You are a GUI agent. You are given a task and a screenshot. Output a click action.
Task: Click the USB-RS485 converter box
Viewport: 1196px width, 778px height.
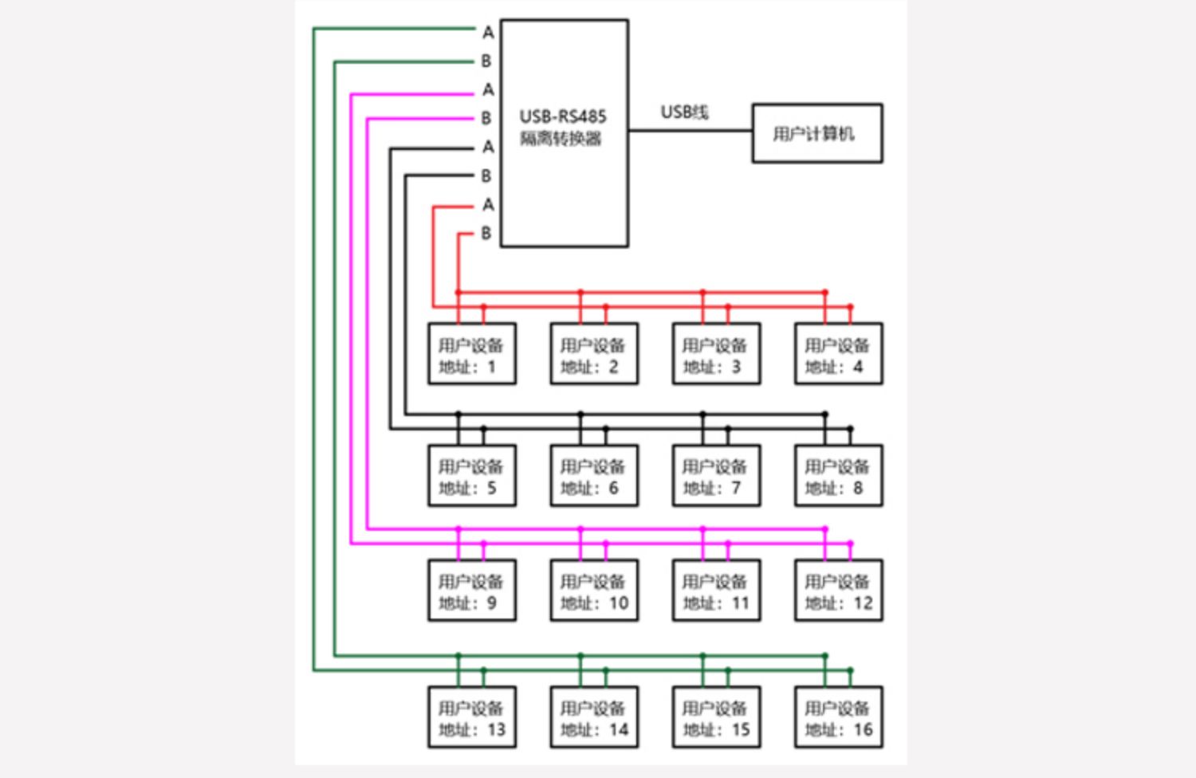click(564, 133)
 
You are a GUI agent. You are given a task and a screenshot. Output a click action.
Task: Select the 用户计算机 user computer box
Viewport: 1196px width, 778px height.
click(816, 133)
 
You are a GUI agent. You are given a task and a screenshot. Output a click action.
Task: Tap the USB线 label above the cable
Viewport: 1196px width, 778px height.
click(684, 112)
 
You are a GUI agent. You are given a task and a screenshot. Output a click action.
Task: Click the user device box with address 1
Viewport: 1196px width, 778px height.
click(471, 354)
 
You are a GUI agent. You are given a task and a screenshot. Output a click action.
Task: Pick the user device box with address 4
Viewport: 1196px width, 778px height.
click(838, 354)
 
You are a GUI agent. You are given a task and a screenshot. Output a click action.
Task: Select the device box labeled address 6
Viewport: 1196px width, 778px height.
click(593, 476)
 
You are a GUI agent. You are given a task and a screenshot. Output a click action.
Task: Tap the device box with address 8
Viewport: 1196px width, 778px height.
click(838, 476)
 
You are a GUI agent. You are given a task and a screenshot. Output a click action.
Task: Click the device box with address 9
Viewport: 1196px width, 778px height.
click(471, 591)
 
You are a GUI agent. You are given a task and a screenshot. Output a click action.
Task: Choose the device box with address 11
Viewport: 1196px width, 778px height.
click(716, 591)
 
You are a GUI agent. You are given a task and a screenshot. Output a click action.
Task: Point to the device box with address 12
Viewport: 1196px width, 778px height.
click(838, 591)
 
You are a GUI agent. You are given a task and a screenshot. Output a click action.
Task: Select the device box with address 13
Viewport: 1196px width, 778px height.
click(471, 717)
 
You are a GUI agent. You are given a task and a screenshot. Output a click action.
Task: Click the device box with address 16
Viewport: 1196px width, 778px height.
click(838, 717)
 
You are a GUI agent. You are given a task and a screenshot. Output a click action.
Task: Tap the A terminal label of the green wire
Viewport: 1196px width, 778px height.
click(488, 33)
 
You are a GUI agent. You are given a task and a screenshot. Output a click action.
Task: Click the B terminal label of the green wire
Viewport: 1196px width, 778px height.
click(486, 61)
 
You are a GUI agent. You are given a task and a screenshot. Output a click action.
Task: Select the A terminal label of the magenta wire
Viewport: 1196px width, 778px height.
click(488, 90)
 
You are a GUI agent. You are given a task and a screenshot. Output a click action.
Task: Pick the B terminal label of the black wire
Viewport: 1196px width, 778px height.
click(486, 176)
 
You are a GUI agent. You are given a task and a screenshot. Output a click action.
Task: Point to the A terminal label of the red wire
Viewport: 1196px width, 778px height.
click(488, 205)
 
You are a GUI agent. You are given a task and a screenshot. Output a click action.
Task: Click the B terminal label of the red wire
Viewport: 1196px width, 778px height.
click(486, 234)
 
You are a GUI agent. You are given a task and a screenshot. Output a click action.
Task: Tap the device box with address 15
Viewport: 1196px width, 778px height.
click(716, 717)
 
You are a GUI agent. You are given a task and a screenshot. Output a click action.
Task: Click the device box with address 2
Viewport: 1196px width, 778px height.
click(593, 354)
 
